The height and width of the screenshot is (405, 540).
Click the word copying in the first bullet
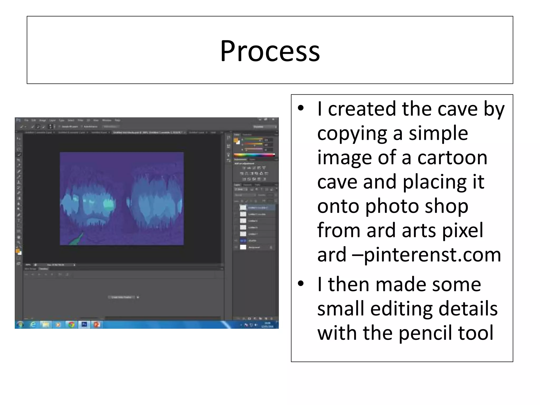click(352, 133)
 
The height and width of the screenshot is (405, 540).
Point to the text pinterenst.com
click(432, 255)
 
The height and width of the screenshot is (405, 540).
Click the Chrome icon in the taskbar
click(71, 325)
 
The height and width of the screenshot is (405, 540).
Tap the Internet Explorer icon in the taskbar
click(33, 325)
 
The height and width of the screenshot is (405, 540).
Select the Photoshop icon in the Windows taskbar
click(84, 325)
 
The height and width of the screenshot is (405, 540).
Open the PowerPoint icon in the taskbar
click(97, 325)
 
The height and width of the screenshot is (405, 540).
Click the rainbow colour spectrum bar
click(254, 155)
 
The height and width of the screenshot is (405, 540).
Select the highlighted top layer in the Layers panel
click(257, 208)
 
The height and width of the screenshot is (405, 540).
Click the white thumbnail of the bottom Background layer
click(243, 247)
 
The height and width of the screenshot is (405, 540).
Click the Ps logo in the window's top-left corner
click(18, 120)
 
